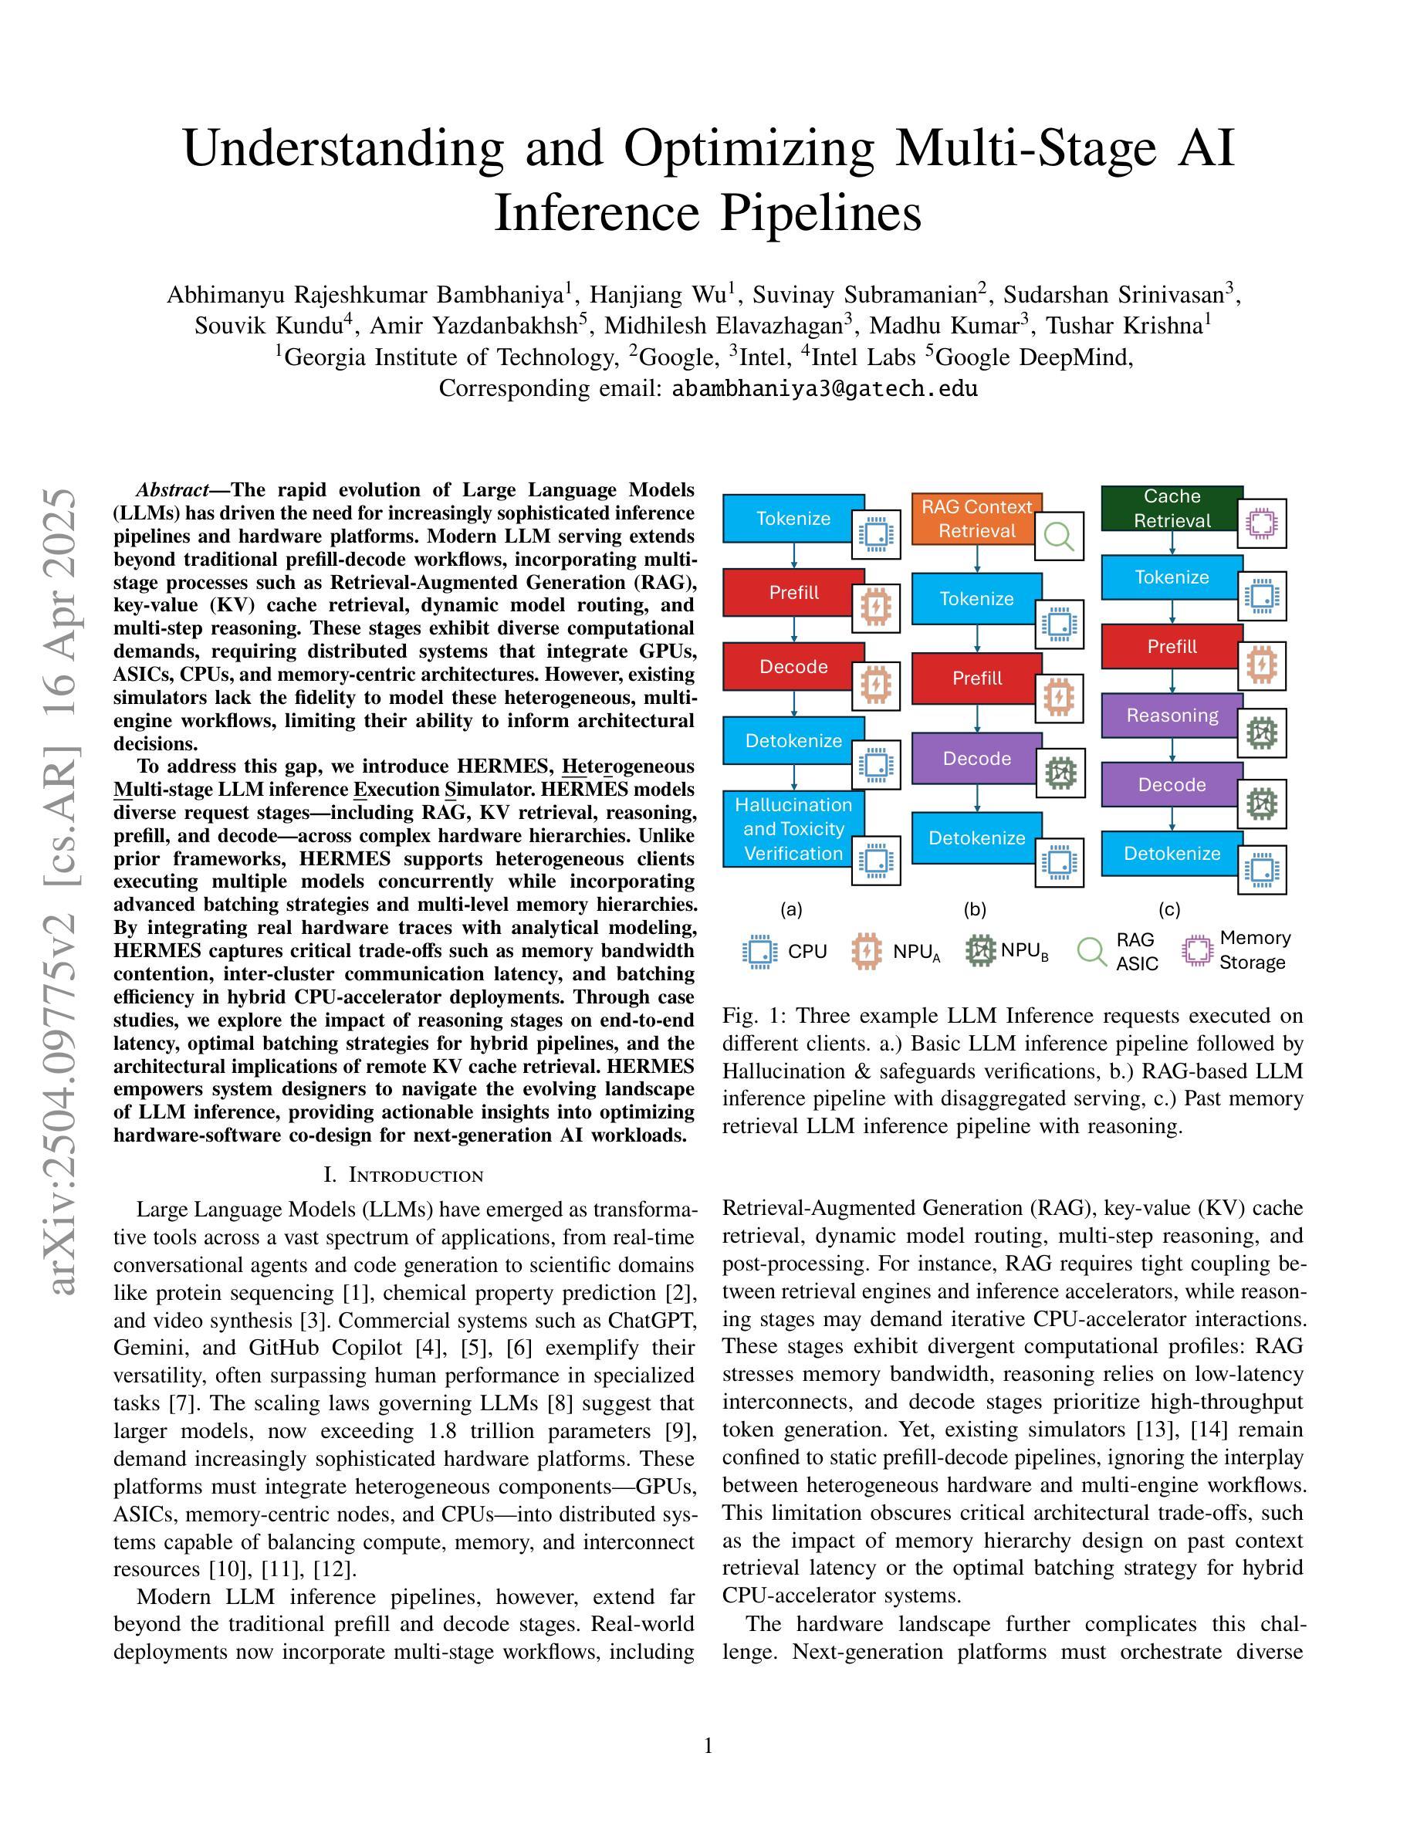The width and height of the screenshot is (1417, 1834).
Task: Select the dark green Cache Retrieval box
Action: click(1172, 508)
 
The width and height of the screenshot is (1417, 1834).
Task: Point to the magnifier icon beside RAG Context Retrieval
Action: click(1059, 536)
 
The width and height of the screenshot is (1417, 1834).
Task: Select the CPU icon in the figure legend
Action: click(759, 952)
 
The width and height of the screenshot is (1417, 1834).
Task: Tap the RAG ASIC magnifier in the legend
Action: click(1091, 952)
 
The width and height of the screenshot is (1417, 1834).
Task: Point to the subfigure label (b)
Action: click(975, 909)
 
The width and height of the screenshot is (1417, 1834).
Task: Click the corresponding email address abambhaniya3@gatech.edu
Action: click(824, 389)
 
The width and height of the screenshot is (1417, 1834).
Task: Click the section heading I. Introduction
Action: click(403, 1175)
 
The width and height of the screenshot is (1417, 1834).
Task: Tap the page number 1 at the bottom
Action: click(708, 1747)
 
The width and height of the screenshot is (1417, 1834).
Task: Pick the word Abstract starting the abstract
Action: click(172, 490)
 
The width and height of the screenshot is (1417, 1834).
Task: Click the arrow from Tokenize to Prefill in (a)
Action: click(794, 555)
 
